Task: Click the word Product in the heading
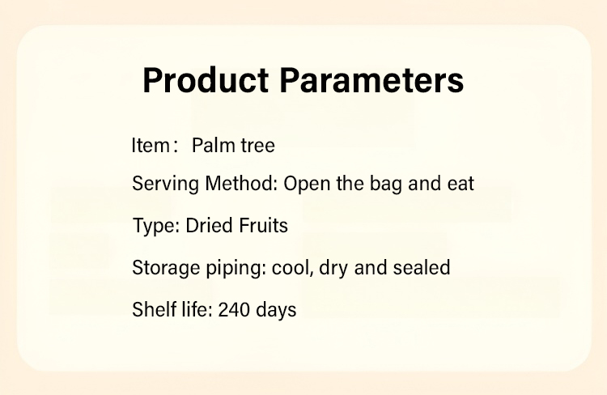click(206, 81)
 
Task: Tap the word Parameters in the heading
click(371, 81)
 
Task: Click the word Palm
click(214, 145)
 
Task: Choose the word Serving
click(166, 184)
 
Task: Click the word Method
click(241, 183)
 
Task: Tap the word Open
click(307, 184)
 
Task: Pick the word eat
click(461, 184)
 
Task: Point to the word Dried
click(210, 225)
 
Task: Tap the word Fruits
click(263, 225)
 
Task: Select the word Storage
click(166, 268)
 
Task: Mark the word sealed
click(422, 267)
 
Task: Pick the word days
click(277, 310)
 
